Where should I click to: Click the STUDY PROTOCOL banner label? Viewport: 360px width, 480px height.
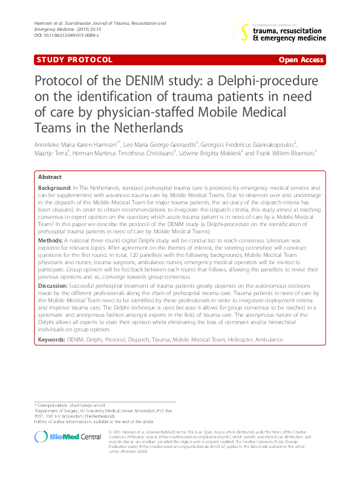point(74,60)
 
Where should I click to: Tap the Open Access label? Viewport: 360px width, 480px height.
point(301,60)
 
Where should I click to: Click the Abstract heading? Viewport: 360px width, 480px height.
point(50,177)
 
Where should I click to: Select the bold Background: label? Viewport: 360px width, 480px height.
point(54,189)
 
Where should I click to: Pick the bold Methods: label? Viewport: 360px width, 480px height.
point(50,239)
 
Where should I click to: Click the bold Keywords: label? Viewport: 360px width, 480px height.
point(52,340)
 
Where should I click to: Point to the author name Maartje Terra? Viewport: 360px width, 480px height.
point(53,154)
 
